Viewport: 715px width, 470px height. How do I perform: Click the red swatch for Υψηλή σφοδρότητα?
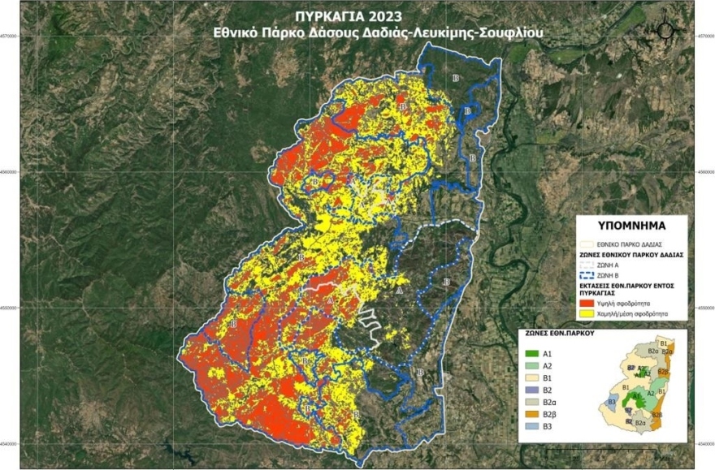[592, 300]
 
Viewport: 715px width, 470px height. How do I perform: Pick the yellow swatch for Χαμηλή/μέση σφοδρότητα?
[592, 311]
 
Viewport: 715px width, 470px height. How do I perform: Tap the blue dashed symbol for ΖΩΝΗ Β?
[592, 274]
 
